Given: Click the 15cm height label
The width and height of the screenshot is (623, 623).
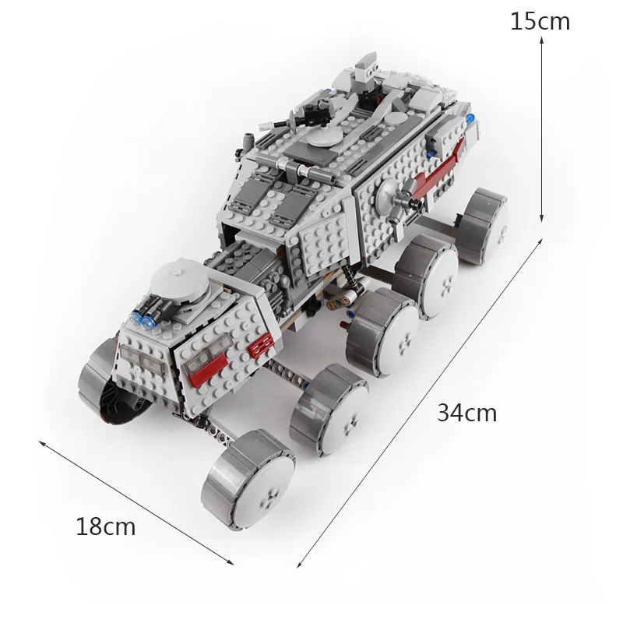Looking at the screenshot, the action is pos(540,22).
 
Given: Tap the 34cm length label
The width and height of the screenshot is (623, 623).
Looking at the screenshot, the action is pos(466,413).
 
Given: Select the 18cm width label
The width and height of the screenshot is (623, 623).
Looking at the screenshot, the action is pos(106,527).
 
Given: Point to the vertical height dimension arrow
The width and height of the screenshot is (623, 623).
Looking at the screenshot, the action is pos(541,129).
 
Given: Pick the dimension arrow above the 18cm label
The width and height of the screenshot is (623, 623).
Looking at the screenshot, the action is pos(136,502).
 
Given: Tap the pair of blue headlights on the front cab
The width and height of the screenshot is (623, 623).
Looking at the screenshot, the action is pos(143,320).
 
